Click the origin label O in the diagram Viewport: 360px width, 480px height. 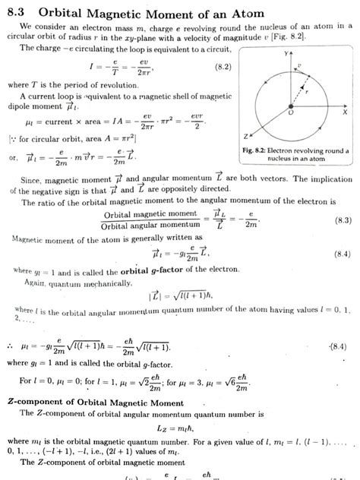(x=291, y=112)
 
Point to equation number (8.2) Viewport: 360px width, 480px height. (x=223, y=68)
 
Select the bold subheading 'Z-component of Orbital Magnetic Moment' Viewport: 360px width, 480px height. (x=94, y=401)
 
